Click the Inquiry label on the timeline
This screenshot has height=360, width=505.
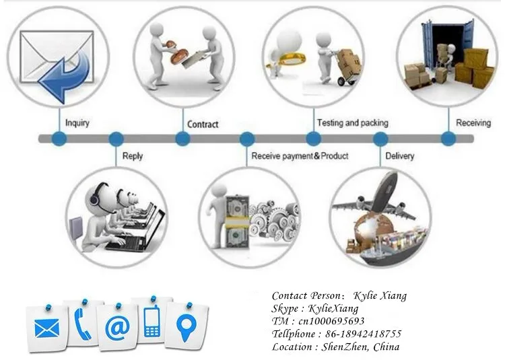click(x=77, y=123)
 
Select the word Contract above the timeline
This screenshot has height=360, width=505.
click(x=203, y=124)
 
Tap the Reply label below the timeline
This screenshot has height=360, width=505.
click(x=133, y=156)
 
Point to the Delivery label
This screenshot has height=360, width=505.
click(x=400, y=156)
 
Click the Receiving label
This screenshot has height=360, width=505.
click(x=473, y=122)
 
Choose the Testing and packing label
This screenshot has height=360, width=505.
click(x=353, y=122)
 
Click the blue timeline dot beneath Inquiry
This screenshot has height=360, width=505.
click(x=59, y=139)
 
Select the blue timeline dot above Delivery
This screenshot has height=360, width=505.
click(x=380, y=139)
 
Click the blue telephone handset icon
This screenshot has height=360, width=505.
click(x=81, y=324)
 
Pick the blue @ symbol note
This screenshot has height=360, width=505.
click(x=118, y=328)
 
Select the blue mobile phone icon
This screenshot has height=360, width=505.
click(x=152, y=321)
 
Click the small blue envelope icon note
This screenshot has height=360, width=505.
click(x=46, y=328)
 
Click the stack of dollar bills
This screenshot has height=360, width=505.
click(x=238, y=221)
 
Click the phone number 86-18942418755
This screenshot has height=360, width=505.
click(x=364, y=334)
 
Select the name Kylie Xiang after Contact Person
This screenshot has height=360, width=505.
click(x=380, y=295)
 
